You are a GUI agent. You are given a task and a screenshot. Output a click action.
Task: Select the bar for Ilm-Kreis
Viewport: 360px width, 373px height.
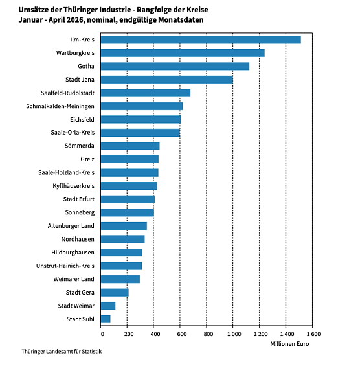pos(201,40)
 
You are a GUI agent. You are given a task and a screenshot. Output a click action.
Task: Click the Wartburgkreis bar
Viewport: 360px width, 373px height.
pos(183,53)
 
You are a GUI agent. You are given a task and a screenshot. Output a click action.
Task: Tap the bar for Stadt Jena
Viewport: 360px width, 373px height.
pos(167,80)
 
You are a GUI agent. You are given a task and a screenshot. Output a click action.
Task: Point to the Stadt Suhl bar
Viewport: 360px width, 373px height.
pos(106,319)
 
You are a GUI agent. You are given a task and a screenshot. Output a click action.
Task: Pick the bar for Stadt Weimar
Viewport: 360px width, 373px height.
pos(108,306)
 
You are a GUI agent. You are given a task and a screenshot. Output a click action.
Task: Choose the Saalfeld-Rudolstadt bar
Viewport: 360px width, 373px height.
pos(146,93)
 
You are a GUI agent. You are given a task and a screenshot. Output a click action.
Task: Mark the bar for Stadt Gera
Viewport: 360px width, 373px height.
pos(115,292)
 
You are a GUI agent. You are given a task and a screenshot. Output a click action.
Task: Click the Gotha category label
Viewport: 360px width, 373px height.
pos(86,66)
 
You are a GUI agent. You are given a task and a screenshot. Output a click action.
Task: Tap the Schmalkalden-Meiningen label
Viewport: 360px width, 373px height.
pos(60,106)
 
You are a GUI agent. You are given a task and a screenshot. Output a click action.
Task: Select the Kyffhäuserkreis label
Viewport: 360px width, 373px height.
pos(73,186)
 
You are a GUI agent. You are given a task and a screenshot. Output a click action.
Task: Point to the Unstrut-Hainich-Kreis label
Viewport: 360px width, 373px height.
pos(65,266)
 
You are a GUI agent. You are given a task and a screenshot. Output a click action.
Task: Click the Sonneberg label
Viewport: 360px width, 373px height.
pos(80,212)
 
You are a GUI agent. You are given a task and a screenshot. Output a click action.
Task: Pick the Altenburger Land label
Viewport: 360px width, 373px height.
pos(71,226)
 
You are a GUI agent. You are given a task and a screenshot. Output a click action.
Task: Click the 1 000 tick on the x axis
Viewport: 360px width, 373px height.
pos(234,334)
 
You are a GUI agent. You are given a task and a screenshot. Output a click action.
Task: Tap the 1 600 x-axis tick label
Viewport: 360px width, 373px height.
pos(313,334)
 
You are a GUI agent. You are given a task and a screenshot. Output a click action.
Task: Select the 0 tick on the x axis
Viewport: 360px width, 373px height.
pos(102,334)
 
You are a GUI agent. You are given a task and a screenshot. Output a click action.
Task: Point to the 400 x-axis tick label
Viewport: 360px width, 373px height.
pos(155,334)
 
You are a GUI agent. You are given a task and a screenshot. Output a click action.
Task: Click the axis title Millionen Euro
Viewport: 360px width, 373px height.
pos(289,344)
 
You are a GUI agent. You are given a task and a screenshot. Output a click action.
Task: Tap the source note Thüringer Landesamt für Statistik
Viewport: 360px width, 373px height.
pos(62,352)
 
